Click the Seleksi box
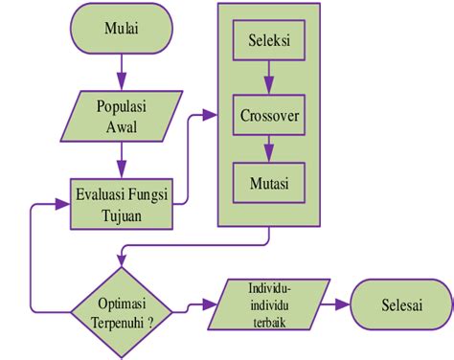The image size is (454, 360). [269, 44]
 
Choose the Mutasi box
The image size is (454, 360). [269, 179]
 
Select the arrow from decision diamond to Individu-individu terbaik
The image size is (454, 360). [196, 306]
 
